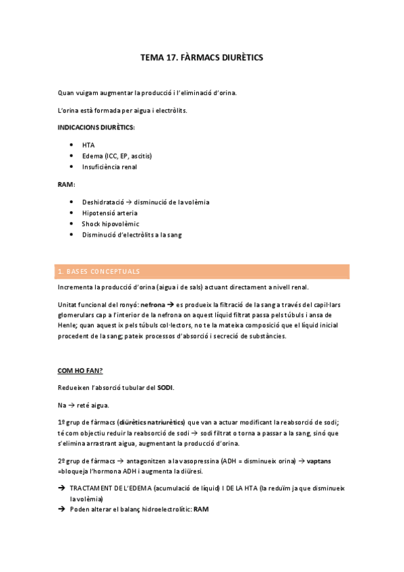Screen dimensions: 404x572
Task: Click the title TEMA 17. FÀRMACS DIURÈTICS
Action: [x=201, y=58]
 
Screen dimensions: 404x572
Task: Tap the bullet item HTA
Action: [x=88, y=145]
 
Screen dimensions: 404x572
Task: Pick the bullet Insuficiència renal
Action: [x=109, y=167]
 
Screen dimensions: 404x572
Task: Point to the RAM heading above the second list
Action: [x=65, y=184]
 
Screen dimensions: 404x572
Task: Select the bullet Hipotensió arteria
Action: [x=109, y=213]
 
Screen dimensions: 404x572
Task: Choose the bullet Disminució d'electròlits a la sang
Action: [x=132, y=235]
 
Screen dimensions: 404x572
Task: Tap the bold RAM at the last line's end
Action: [x=201, y=509]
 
